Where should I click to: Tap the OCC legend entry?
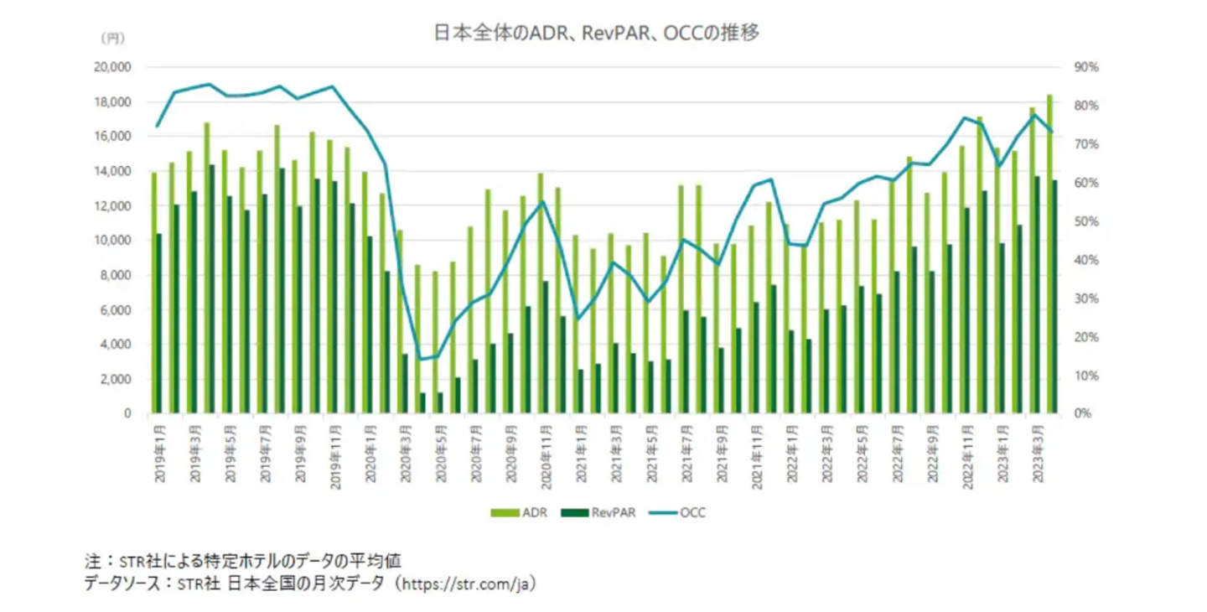[x=692, y=512]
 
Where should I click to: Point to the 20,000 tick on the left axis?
[x=114, y=68]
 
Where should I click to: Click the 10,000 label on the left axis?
[x=114, y=241]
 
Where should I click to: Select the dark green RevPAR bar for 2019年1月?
[x=158, y=323]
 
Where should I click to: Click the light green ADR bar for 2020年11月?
[x=540, y=293]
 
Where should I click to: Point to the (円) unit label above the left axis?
[x=111, y=39]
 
